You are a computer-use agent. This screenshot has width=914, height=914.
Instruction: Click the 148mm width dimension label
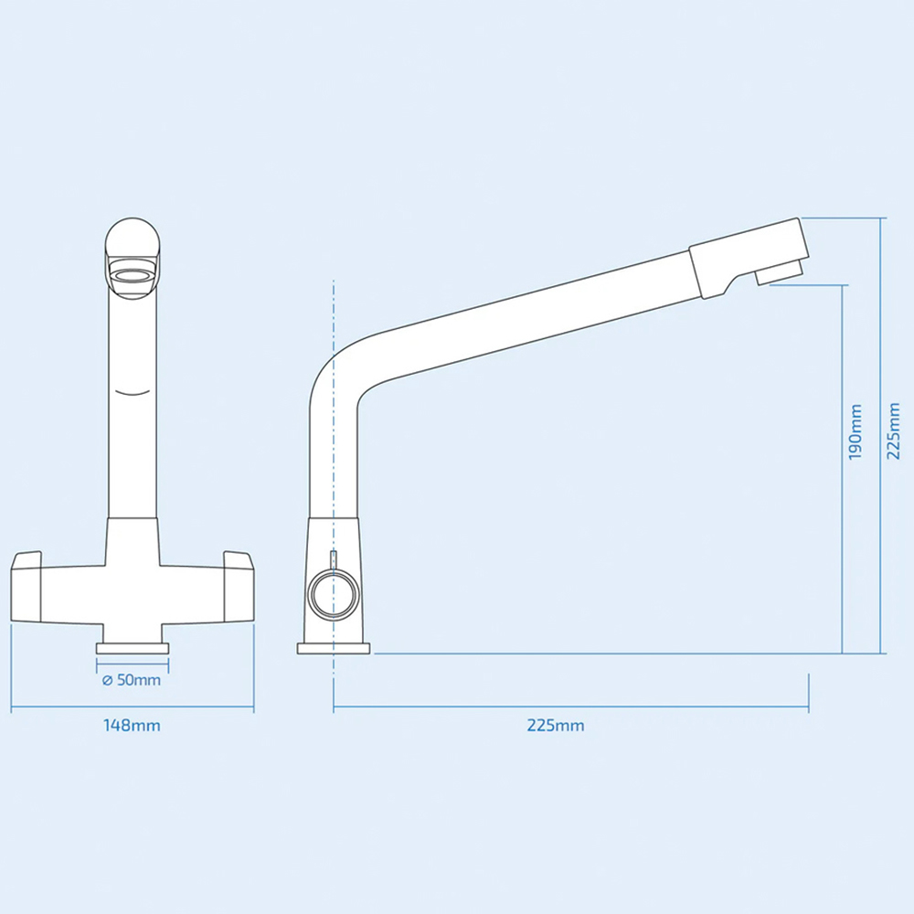(x=132, y=726)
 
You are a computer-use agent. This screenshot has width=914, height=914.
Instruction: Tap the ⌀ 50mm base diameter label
(x=132, y=680)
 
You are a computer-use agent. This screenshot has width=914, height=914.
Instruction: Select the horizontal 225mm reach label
(x=555, y=726)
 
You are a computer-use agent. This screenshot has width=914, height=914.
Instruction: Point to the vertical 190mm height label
(x=856, y=431)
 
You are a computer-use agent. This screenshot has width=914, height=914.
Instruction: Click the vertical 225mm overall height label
(x=894, y=431)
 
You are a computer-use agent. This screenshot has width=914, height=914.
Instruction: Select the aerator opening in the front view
(x=132, y=276)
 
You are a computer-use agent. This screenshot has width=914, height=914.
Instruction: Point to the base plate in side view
(x=334, y=648)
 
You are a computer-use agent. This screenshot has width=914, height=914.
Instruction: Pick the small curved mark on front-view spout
(x=133, y=393)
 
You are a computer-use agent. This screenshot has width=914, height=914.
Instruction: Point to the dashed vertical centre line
(x=335, y=457)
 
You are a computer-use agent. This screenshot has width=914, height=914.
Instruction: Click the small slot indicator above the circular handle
(x=333, y=558)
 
